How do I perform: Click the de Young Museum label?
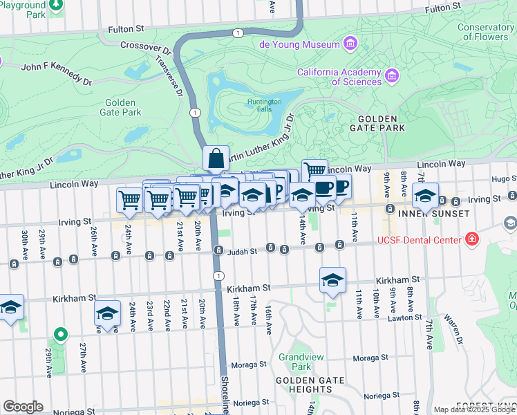[x=299, y=44]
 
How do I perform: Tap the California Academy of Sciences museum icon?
[x=392, y=74]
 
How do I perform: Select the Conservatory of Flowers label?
[x=485, y=32]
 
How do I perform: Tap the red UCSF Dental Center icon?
[x=472, y=239]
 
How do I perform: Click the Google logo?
[x=23, y=407]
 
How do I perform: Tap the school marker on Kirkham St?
[x=332, y=279]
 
